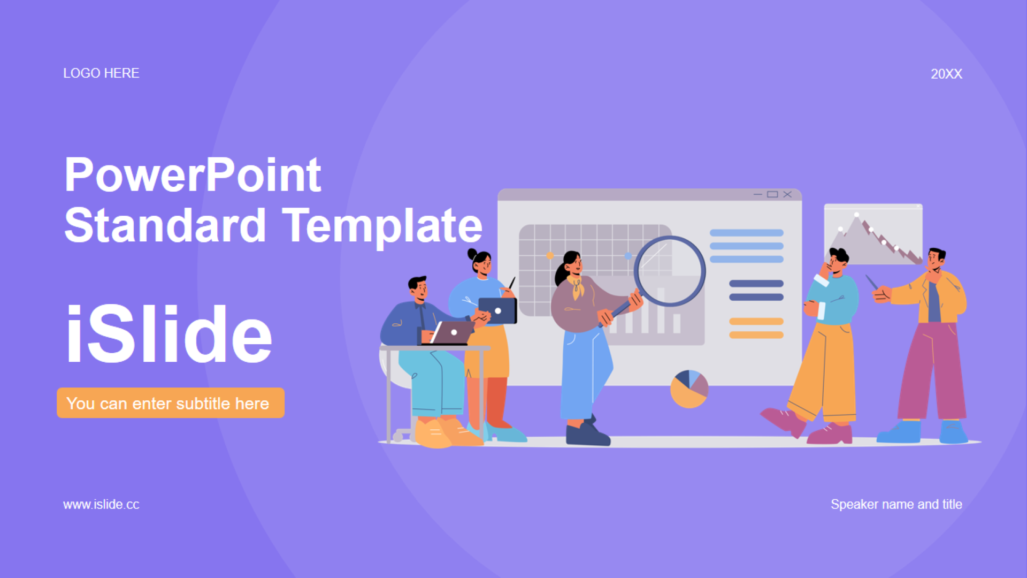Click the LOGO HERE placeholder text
[101, 73]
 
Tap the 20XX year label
[946, 74]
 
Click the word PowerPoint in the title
[193, 175]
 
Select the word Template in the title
[382, 225]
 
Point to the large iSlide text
[168, 334]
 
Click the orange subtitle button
[171, 403]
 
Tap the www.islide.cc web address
[101, 504]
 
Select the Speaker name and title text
[896, 504]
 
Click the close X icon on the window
[787, 194]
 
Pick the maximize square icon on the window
[772, 194]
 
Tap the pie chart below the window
[689, 389]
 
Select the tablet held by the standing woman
[498, 310]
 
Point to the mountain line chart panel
[873, 234]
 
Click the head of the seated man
[418, 289]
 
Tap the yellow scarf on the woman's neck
[577, 287]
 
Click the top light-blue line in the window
[747, 233]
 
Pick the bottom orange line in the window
[756, 335]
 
